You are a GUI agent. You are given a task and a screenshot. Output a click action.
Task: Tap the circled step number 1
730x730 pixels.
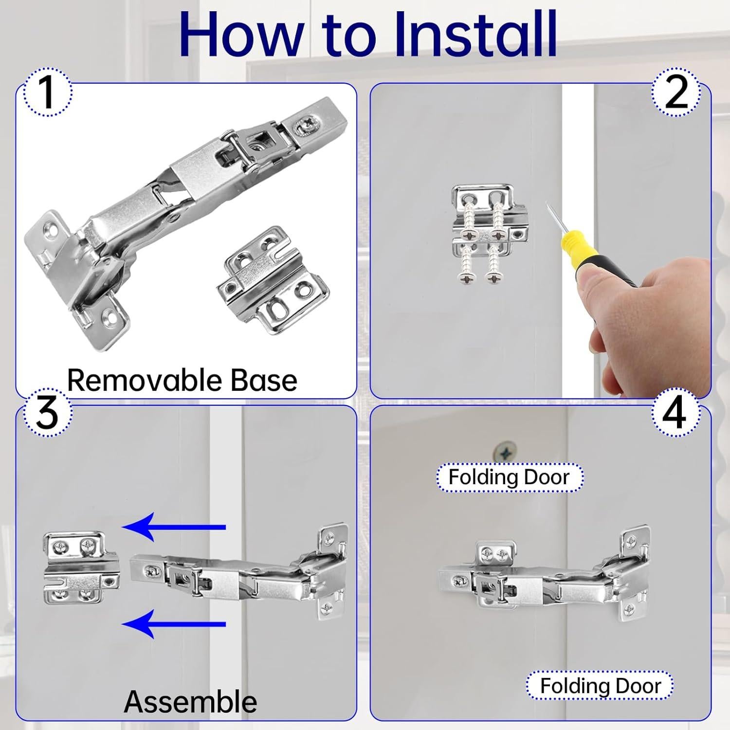(x=47, y=91)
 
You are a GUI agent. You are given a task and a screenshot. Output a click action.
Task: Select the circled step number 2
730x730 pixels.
(x=676, y=91)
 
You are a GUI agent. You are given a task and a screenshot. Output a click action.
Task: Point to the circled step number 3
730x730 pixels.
(x=47, y=413)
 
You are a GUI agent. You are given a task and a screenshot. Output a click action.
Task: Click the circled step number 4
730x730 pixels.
(x=675, y=413)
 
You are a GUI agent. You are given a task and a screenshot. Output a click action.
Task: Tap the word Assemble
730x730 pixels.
(x=190, y=701)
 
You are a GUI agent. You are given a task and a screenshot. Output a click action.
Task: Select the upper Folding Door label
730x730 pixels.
(x=509, y=477)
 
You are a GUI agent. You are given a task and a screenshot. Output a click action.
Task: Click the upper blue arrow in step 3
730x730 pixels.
(x=174, y=527)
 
